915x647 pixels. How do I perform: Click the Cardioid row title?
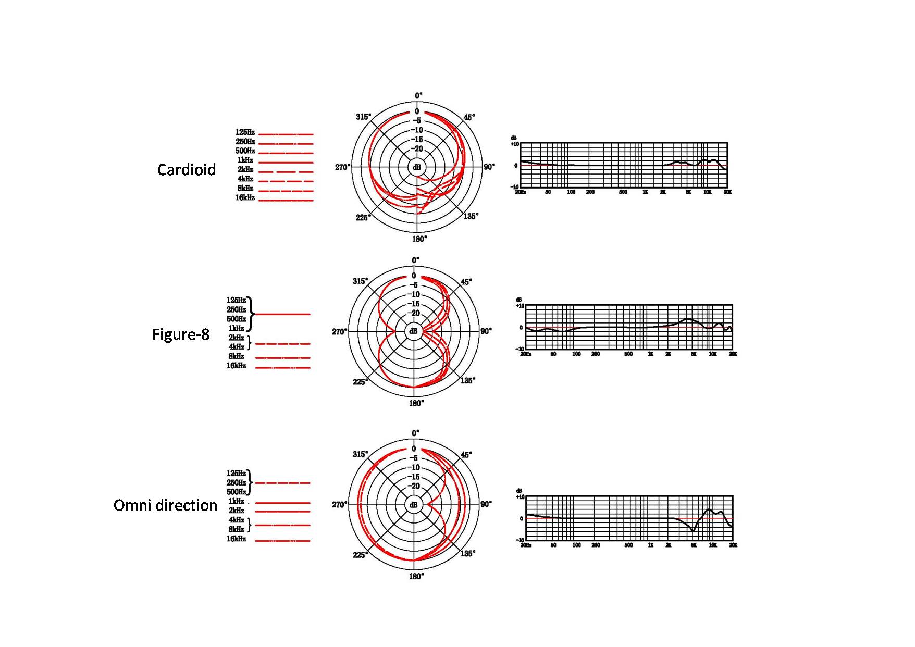pos(187,170)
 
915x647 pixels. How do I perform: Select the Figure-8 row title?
pos(180,334)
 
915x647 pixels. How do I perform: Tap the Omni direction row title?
pos(165,505)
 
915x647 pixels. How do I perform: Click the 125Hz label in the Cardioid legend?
pos(245,132)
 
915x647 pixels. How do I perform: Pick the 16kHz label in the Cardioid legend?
pos(245,198)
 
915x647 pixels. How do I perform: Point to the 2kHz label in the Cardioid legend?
pos(245,170)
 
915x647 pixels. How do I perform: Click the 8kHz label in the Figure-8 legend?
pos(236,356)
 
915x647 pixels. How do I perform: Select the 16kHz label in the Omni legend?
pos(236,539)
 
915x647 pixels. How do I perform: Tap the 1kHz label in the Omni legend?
pos(236,501)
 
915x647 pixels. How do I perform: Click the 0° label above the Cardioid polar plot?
pos(418,95)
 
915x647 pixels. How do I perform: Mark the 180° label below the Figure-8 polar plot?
pos(416,403)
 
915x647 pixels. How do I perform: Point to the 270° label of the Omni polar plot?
pos(339,504)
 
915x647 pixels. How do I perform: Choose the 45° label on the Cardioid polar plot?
pos(469,117)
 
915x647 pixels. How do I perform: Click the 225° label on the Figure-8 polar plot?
pos(360,382)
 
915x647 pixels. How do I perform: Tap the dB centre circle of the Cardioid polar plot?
pos(417,167)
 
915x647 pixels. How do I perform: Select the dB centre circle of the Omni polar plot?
pos(414,505)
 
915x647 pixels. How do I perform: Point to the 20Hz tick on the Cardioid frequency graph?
pos(521,192)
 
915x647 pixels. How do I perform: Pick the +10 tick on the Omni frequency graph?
pos(520,497)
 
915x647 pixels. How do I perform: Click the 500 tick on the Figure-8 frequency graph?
pos(628,354)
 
